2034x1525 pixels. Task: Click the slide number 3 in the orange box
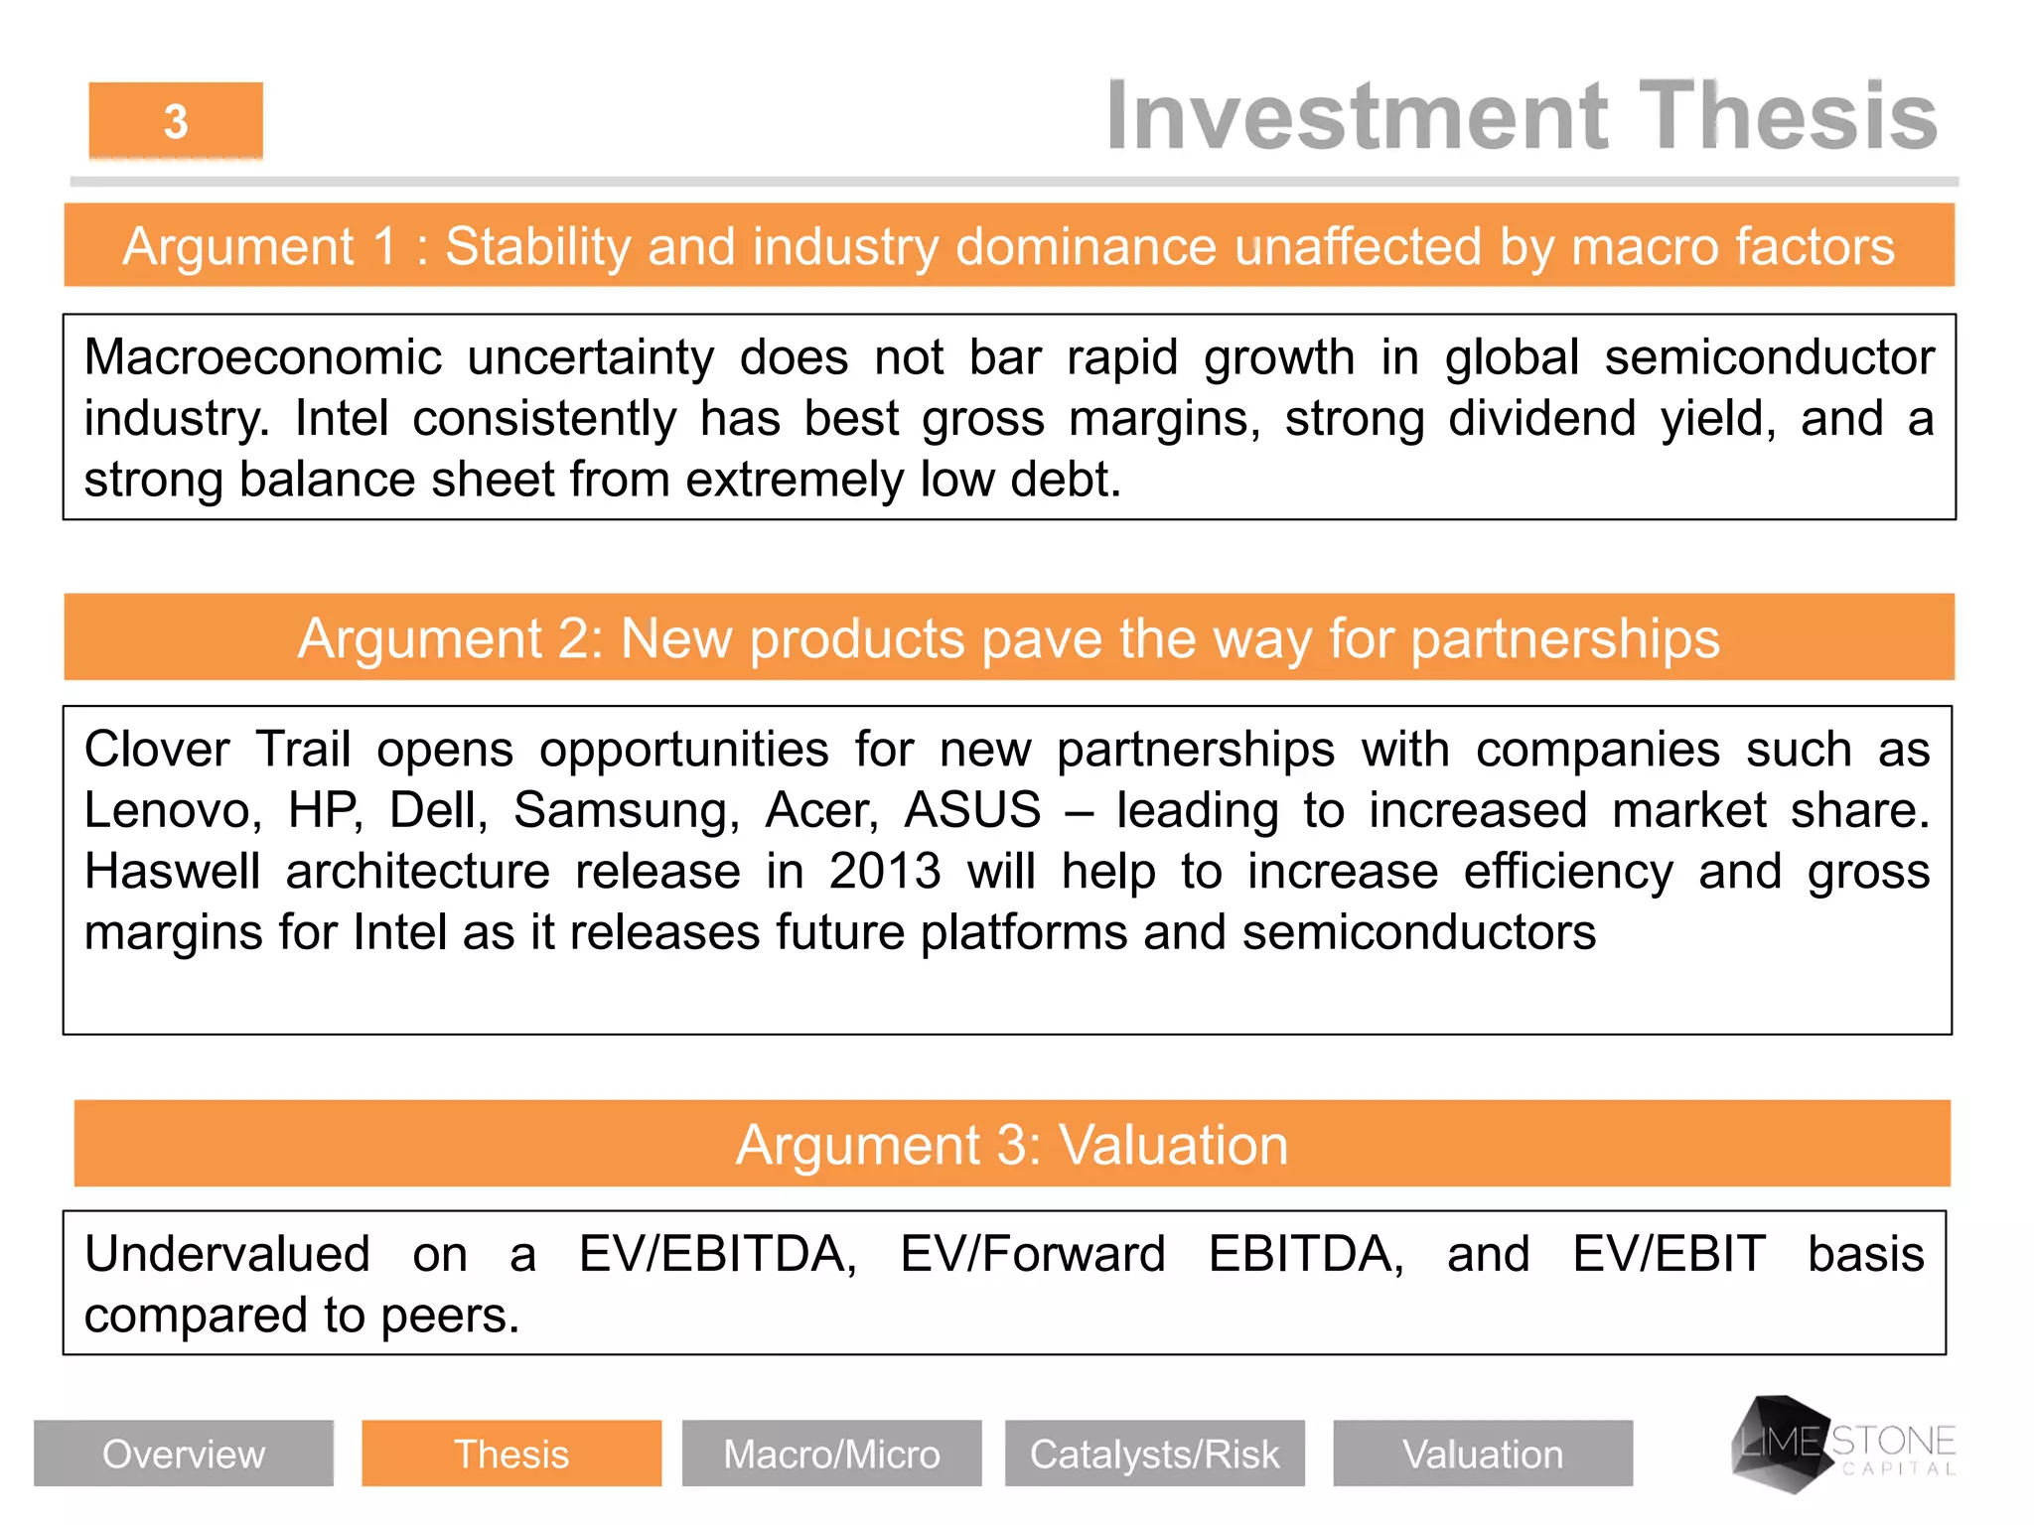(176, 122)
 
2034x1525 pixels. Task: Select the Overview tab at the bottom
(184, 1454)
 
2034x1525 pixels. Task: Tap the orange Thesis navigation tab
(511, 1454)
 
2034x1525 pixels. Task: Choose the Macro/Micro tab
(831, 1454)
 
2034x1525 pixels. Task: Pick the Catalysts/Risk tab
(1154, 1454)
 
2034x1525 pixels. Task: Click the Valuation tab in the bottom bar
(1482, 1454)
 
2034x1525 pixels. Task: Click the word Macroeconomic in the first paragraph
(262, 357)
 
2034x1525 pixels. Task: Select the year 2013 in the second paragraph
(884, 872)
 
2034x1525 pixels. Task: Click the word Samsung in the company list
(626, 810)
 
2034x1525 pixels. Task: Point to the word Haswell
(171, 872)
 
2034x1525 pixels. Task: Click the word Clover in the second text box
(156, 749)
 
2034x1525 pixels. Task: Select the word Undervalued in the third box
(226, 1254)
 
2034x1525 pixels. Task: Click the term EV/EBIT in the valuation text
(1669, 1254)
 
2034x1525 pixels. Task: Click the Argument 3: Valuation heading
(1011, 1145)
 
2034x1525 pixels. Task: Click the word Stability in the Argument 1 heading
(536, 246)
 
